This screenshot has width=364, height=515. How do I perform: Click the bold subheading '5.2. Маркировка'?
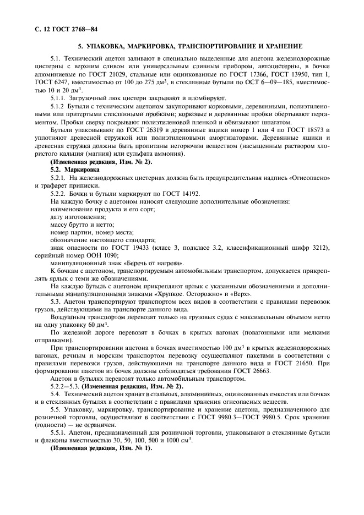[71, 171]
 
